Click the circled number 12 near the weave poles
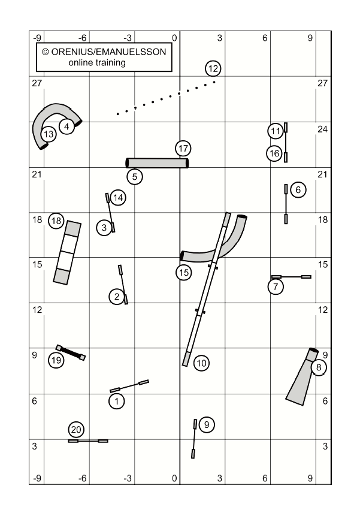(213, 69)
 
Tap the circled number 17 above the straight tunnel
(183, 149)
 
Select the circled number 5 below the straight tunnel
(135, 177)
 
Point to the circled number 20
(76, 429)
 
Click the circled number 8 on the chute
(319, 367)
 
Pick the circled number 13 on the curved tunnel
(49, 134)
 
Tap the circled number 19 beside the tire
(56, 360)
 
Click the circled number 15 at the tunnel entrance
(184, 273)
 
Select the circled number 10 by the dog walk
(201, 363)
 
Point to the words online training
(97, 62)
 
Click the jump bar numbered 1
(129, 386)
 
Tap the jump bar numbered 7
(291, 277)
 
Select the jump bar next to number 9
(194, 439)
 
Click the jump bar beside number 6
(286, 204)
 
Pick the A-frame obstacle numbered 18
(67, 252)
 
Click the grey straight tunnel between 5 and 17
(158, 163)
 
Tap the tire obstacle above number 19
(71, 352)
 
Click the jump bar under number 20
(88, 441)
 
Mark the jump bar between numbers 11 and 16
(286, 142)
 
